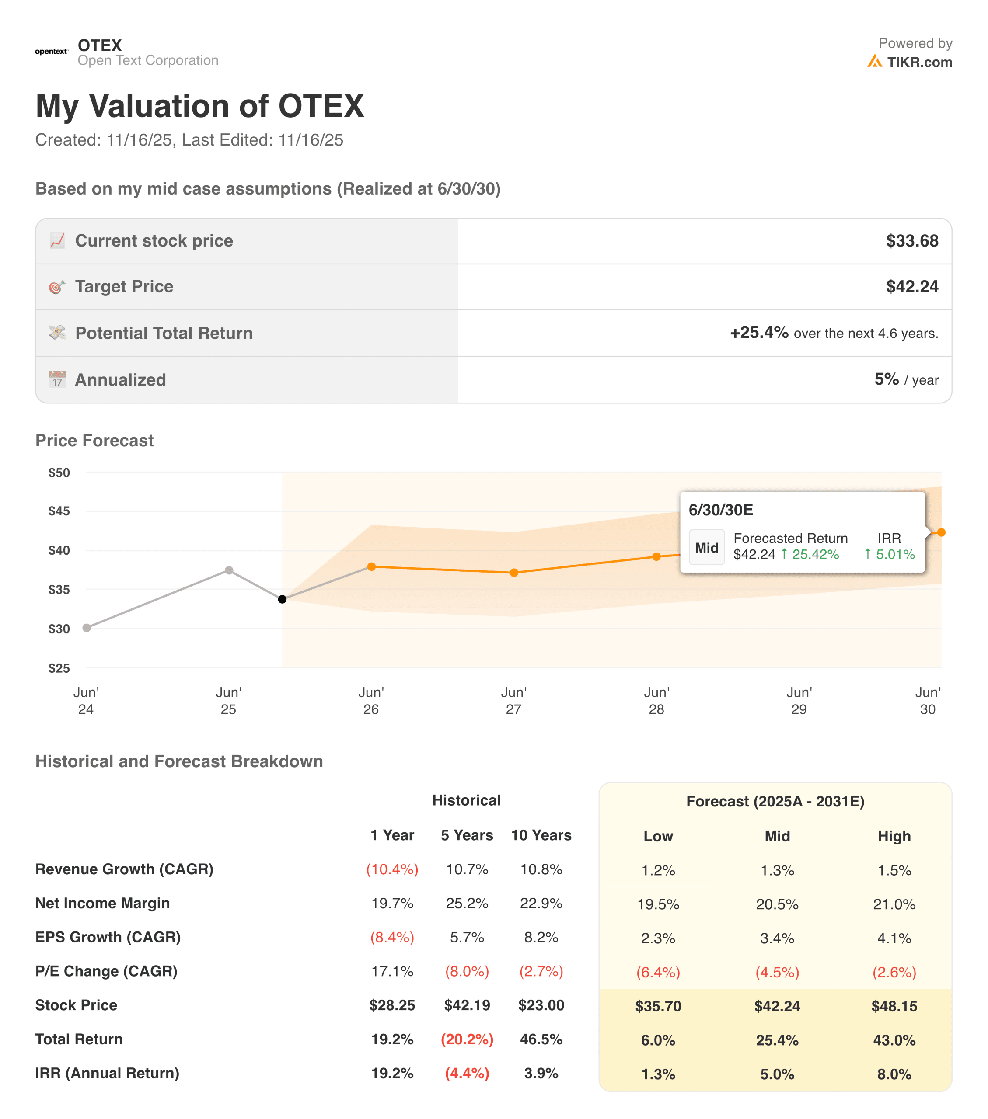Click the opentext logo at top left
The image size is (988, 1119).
52,52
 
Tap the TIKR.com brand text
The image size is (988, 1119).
919,63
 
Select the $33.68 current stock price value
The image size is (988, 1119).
912,241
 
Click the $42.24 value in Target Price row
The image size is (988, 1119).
912,286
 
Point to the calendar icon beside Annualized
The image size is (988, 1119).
57,379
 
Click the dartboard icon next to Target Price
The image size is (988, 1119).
57,286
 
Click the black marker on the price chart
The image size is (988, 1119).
282,599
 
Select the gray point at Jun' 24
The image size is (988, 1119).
87,627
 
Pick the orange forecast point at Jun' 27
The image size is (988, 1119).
514,573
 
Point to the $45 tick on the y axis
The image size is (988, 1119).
59,511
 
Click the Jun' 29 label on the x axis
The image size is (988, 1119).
799,700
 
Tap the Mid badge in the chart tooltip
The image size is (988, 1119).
706,547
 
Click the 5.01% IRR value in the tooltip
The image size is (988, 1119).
895,554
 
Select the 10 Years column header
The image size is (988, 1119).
541,835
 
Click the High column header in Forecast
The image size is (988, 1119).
894,836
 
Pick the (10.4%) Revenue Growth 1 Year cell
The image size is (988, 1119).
392,869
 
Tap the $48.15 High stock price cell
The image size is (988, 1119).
894,1006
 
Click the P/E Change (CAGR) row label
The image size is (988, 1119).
106,971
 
